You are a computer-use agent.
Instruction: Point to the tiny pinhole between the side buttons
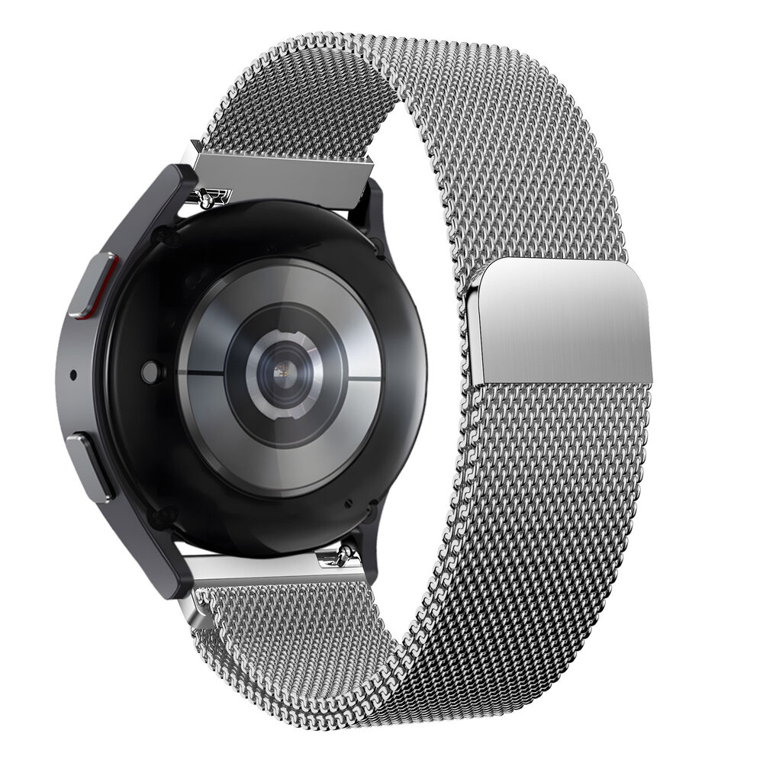[72, 375]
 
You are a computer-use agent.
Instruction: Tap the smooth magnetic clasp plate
[561, 320]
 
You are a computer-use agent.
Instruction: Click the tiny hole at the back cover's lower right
[348, 504]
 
